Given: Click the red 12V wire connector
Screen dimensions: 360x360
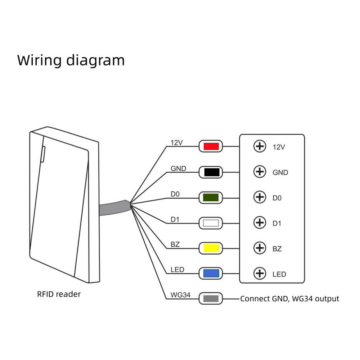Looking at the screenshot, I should [211, 147].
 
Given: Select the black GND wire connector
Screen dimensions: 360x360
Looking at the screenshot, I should [211, 172].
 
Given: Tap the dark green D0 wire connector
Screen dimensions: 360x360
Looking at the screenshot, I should [211, 197].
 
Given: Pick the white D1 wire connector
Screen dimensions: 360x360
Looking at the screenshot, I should [211, 223].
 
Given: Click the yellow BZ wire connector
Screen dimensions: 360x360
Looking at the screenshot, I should [211, 248].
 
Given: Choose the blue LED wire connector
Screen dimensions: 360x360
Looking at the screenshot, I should [211, 273].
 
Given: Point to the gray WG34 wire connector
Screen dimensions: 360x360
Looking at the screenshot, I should [211, 298].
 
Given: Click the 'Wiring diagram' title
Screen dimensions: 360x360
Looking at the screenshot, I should [71, 60].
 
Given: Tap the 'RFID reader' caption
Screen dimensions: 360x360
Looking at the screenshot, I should [59, 294].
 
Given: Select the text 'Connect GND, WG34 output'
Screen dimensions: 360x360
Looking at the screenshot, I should [289, 298].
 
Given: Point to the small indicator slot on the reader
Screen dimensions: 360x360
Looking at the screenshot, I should [43, 153].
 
